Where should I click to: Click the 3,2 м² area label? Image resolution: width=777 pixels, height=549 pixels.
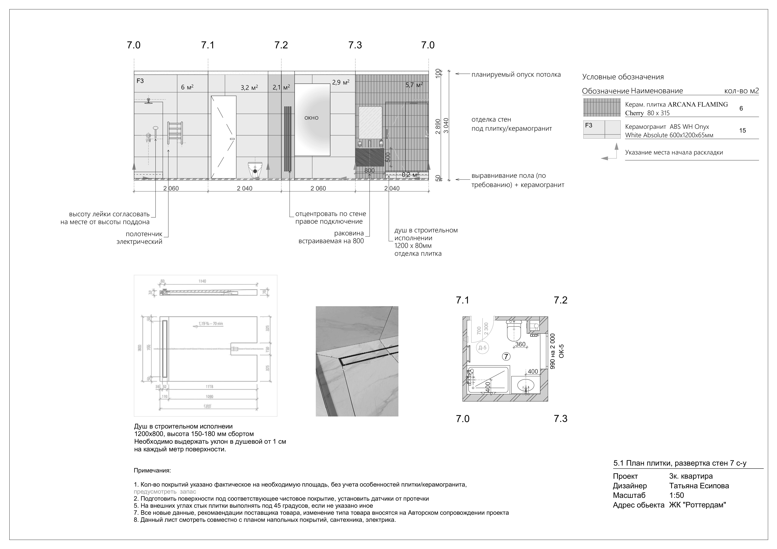[x=249, y=87]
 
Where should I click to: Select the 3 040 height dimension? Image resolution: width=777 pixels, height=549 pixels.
[x=446, y=125]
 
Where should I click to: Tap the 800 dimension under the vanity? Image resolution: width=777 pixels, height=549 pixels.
[x=370, y=171]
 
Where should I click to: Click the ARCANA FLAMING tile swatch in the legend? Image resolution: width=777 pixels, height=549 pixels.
[x=602, y=108]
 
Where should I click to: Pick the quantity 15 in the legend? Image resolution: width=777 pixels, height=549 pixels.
[x=743, y=131]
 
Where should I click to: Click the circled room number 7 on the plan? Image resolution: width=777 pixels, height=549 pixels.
[x=506, y=356]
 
